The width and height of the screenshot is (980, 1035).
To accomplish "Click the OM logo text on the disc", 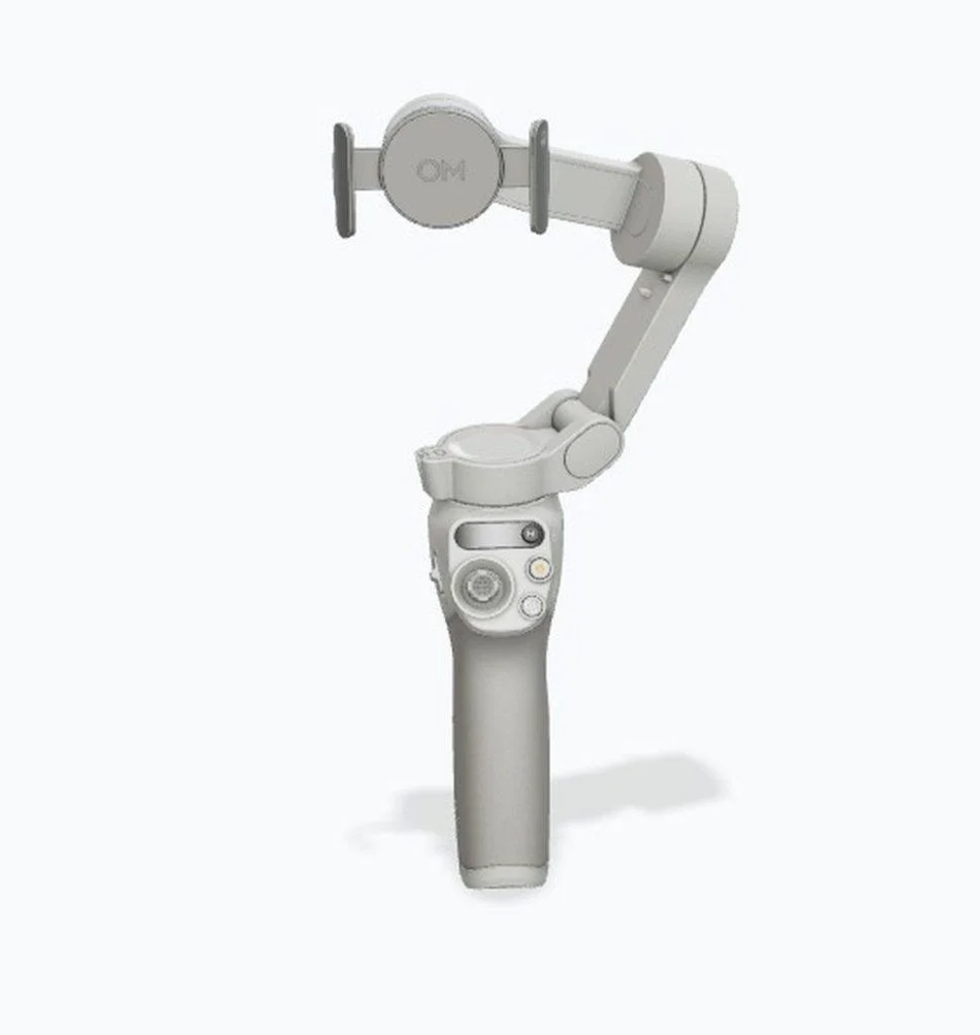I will (440, 171).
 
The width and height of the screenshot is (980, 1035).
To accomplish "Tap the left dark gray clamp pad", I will (343, 180).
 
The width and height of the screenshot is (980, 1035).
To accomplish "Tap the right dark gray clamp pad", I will (539, 176).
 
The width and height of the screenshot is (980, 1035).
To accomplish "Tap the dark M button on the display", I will (531, 534).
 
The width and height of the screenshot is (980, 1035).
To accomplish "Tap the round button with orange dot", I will (536, 568).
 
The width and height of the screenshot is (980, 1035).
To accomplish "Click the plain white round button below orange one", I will (531, 605).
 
